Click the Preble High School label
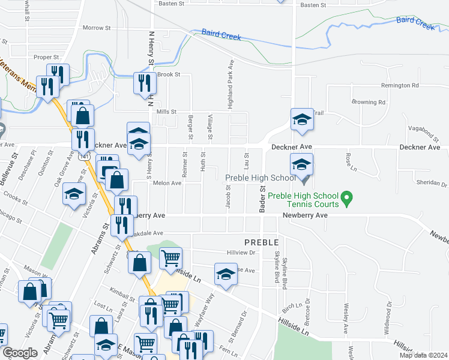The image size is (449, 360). coord(260,178)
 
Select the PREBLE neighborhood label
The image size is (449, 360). coord(261,242)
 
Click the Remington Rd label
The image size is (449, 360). coord(399,86)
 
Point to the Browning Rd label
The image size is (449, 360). coord(368,102)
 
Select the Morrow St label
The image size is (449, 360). coord(97,28)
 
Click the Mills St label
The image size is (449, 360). coord(167,112)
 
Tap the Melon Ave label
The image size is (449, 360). coord(167,183)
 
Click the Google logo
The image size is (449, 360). coord(20,353)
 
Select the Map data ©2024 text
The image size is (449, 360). coord(422,355)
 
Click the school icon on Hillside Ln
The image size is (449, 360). coord(226,274)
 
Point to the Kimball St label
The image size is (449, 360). coord(122,296)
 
